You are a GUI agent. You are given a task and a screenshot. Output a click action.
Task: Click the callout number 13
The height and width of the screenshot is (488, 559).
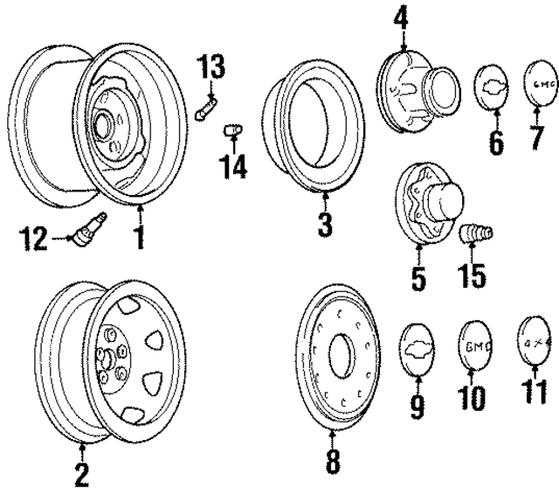[x=210, y=66]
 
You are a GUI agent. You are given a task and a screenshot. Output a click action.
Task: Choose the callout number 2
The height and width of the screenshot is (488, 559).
[x=81, y=474]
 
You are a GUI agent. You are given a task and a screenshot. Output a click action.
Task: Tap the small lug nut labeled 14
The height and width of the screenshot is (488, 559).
[x=232, y=130]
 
